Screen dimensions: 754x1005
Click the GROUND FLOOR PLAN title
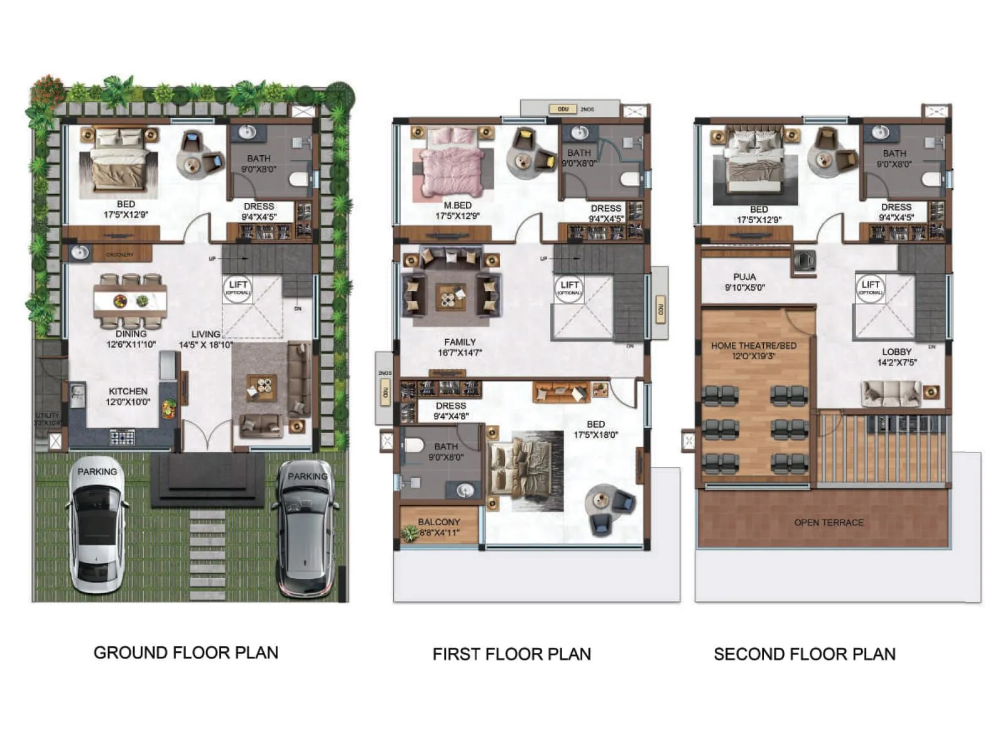click(x=185, y=653)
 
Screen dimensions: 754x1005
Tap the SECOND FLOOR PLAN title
click(x=804, y=654)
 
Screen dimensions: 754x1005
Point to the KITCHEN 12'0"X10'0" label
click(x=128, y=396)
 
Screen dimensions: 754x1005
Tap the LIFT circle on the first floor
click(x=569, y=288)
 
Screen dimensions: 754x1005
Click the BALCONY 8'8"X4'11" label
click(x=439, y=527)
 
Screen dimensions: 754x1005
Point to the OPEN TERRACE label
click(x=828, y=523)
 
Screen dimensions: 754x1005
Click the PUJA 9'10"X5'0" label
click(x=744, y=282)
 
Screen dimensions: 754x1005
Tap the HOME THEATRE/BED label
click(x=753, y=351)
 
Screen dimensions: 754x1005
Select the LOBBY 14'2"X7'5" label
click(x=896, y=357)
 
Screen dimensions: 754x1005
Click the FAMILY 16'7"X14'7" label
click(x=460, y=347)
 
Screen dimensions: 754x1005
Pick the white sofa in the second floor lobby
click(x=891, y=393)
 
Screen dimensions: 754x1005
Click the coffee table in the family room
click(x=451, y=297)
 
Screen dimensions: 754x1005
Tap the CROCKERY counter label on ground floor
click(x=119, y=254)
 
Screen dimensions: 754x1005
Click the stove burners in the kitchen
click(x=122, y=436)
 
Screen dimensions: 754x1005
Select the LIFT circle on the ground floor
click(x=237, y=288)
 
